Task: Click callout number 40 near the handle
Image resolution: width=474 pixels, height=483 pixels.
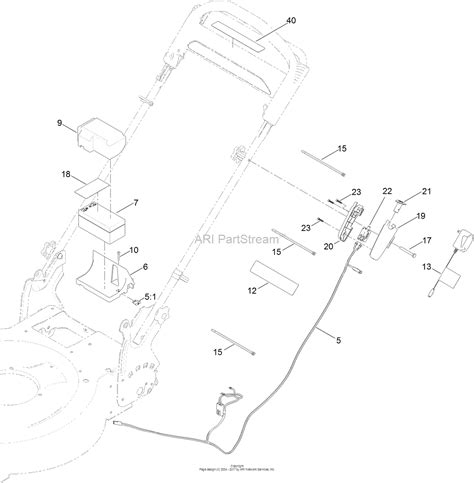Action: point(291,21)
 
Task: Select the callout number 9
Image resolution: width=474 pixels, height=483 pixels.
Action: point(59,124)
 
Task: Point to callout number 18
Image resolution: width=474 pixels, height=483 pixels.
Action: point(67,174)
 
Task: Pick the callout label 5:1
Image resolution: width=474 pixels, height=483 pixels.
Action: point(150,296)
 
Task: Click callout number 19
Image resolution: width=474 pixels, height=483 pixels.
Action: point(421,215)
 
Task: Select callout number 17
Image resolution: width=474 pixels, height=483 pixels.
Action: point(425,241)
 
